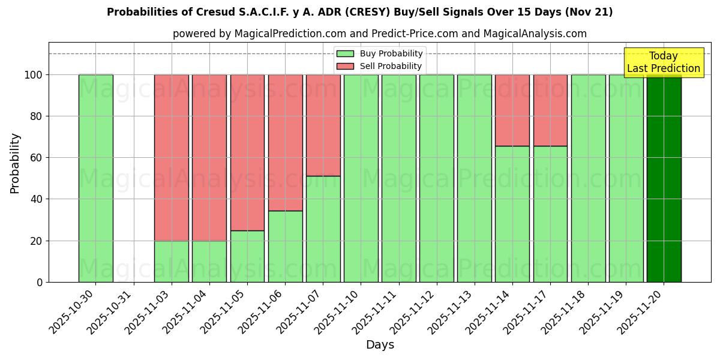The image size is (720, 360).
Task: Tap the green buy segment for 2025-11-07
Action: (323, 229)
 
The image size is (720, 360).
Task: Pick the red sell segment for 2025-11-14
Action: (512, 110)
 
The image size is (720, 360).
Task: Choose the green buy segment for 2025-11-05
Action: (247, 256)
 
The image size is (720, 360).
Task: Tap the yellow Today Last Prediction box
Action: (663, 62)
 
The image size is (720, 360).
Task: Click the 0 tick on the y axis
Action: (40, 282)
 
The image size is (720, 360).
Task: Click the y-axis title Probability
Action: (15, 163)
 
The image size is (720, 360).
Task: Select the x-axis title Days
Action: (380, 345)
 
